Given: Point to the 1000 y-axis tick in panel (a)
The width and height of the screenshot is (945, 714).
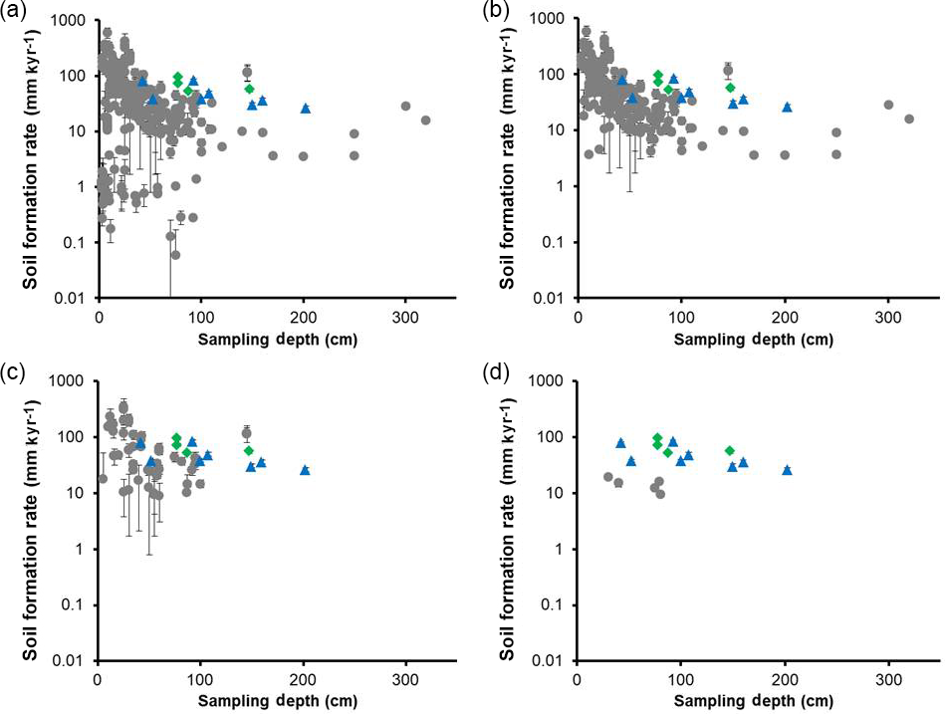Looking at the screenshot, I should [x=73, y=20].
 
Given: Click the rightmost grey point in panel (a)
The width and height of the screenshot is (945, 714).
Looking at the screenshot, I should [x=425, y=120].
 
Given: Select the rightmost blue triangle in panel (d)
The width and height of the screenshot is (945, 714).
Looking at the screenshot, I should [x=787, y=469].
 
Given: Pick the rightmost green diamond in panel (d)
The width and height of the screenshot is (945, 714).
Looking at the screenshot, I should [x=730, y=451].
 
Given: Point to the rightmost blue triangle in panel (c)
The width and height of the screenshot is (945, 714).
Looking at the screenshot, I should [x=306, y=469].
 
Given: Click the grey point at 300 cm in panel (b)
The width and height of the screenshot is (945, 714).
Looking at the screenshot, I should [x=888, y=105].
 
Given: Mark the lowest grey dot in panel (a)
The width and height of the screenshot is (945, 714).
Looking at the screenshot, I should [x=176, y=255].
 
